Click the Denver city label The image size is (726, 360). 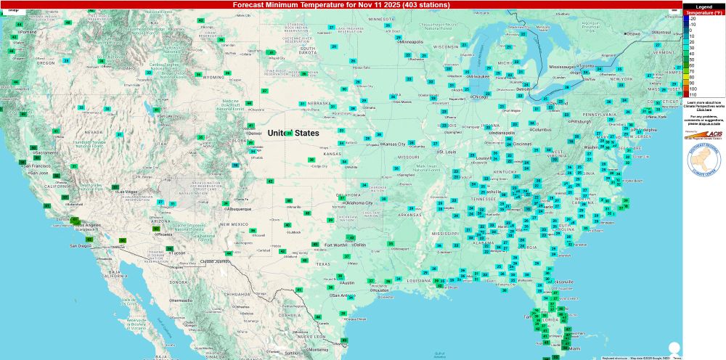point(255,134)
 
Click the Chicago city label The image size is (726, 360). point(478,96)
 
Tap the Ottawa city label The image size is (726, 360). point(633,33)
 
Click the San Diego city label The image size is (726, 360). point(81,246)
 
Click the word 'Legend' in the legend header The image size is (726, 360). point(703,7)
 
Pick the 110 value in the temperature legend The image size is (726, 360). point(693,95)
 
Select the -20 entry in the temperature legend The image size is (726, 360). point(693,19)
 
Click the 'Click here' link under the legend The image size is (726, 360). point(703,110)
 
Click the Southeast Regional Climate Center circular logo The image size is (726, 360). point(703,157)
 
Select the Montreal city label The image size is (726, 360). point(661,32)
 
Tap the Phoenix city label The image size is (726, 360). point(164,234)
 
